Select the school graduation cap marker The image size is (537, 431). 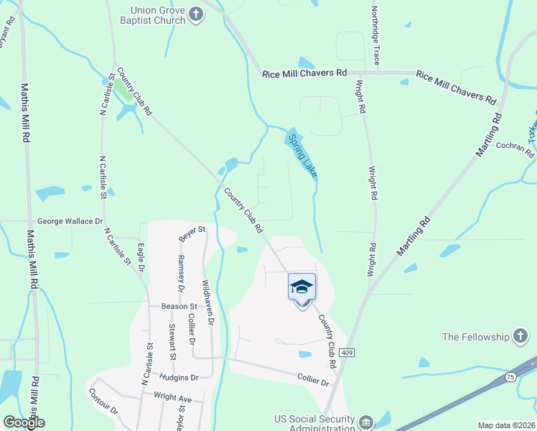[302, 287]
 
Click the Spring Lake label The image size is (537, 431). [302, 155]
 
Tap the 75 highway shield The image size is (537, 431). [510, 377]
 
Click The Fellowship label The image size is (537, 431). [475, 337]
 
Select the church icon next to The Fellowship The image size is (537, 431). [520, 337]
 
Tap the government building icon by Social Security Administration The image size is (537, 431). [366, 421]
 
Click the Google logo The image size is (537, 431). [24, 422]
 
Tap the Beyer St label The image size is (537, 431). [192, 233]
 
